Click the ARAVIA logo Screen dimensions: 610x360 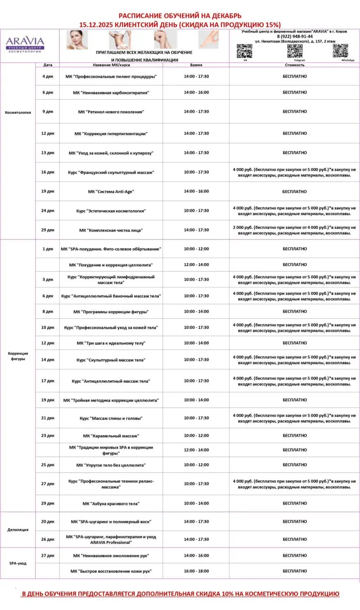click(25, 44)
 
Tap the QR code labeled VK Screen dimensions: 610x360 click(245, 51)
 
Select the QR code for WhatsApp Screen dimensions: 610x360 click(340, 51)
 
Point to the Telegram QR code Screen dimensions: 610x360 click(295, 51)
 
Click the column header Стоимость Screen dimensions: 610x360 click(294, 64)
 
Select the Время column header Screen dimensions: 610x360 click(196, 64)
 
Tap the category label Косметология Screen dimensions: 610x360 click(18, 112)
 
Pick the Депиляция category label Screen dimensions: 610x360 click(18, 529)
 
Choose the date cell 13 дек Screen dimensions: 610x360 click(48, 152)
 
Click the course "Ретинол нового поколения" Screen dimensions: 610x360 click(111, 112)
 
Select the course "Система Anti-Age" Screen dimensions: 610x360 click(111, 191)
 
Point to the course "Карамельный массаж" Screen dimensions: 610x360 click(111, 436)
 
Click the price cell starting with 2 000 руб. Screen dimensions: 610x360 click(294, 230)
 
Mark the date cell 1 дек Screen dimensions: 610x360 click(48, 249)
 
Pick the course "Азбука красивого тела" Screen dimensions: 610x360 click(111, 503)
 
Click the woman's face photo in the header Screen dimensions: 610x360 click(77, 40)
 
